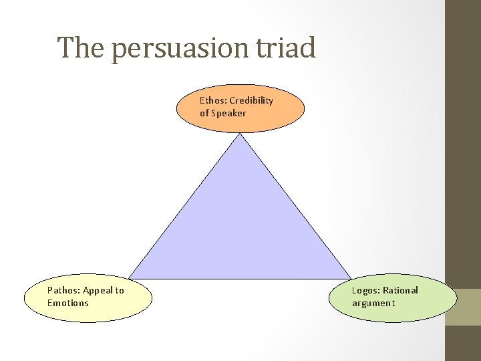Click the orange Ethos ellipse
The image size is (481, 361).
click(240, 107)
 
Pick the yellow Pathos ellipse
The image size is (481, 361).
click(88, 297)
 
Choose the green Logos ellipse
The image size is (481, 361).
click(393, 297)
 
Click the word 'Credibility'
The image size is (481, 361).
click(251, 100)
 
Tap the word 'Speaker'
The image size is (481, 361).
click(228, 113)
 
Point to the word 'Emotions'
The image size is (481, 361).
click(68, 303)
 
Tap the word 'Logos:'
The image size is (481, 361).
click(366, 290)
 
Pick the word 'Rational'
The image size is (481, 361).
click(401, 290)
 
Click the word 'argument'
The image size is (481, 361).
click(373, 303)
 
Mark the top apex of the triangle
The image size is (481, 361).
click(240, 134)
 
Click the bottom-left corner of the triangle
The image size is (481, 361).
click(129, 278)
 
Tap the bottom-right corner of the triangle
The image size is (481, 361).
click(351, 278)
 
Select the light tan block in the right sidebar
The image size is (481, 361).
click(463, 307)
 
